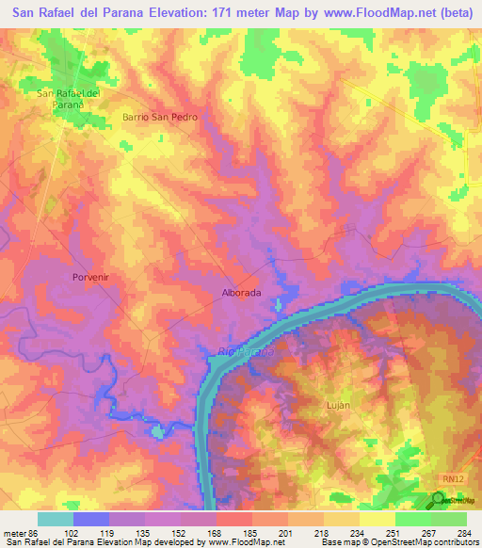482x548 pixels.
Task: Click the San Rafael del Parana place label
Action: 69,99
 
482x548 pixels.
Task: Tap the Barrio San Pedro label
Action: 159,117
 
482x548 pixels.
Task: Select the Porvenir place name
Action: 91,277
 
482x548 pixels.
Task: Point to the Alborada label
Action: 240,293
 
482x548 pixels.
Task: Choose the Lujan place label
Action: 336,405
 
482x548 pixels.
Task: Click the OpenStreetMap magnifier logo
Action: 439,501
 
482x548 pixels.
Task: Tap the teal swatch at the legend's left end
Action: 56,518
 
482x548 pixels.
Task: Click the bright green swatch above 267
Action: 412,518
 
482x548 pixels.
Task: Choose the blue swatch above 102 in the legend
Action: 91,518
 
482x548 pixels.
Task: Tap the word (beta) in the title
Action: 453,13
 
